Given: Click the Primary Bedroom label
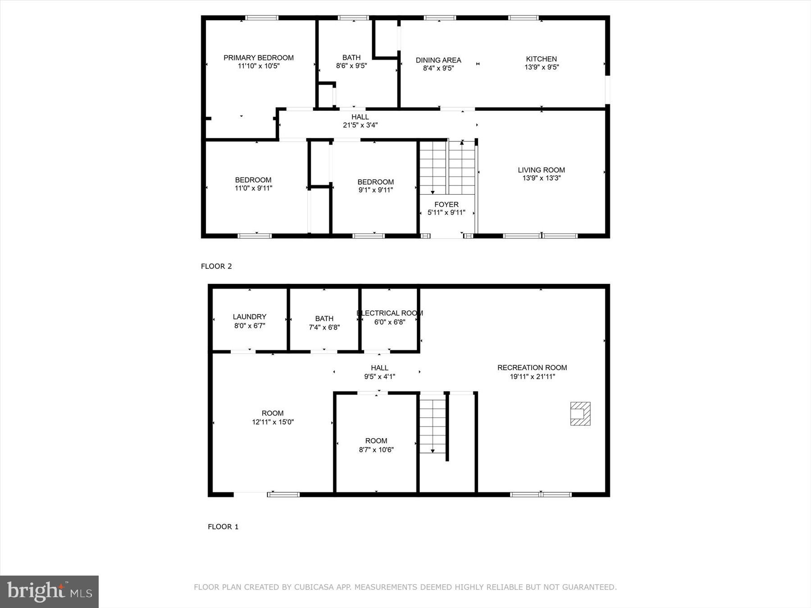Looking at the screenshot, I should pos(259,58).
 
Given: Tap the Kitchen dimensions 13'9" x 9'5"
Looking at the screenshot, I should pos(542,67).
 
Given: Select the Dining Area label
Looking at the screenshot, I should pos(438,60).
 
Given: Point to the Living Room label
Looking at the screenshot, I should pos(541,170).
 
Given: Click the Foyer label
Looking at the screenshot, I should pos(446,204).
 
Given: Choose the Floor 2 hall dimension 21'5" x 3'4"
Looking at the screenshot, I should pos(360,125).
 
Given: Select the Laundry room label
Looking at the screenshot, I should pos(249,317).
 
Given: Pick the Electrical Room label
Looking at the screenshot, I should pos(390,313).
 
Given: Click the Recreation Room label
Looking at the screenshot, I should pos(532,368).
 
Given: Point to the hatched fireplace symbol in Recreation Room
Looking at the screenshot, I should pos(580,413).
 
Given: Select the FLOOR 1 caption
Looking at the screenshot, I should pos(223,526).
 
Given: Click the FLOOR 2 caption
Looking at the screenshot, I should pos(216,266).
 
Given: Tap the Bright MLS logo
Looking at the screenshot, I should pos(49,591).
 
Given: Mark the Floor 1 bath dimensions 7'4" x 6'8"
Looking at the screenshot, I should pos(324,327).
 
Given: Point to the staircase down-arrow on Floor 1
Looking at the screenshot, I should pos(433,450).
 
